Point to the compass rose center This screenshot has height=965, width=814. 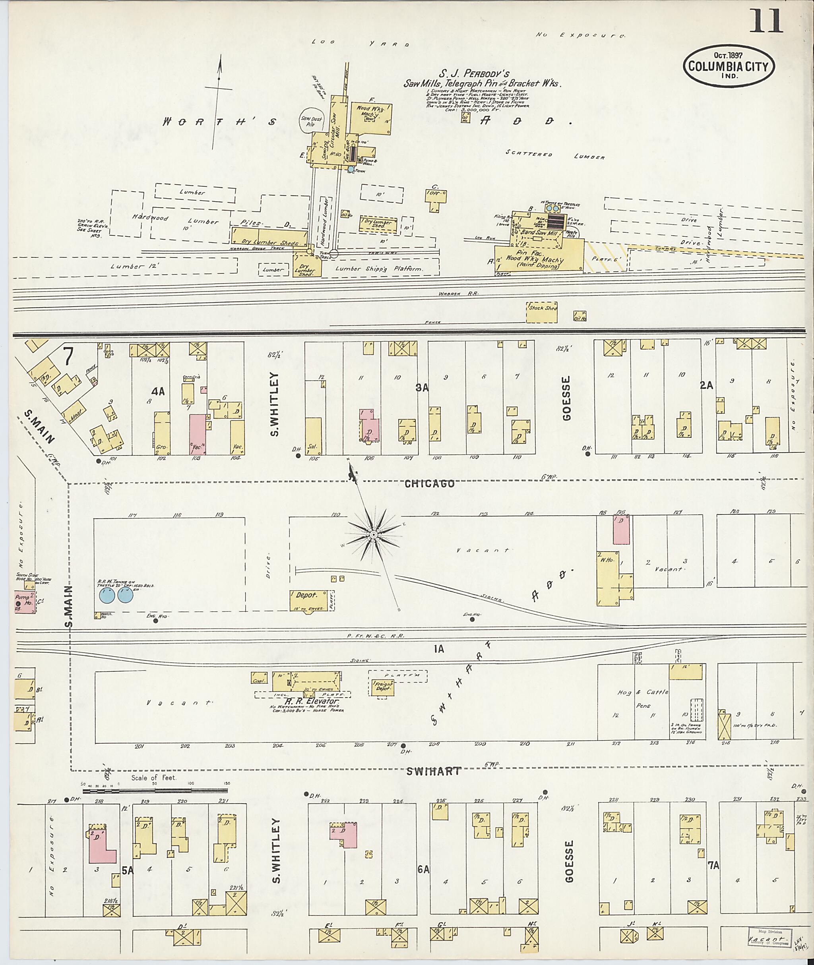(x=373, y=534)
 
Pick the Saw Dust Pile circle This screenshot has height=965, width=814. (x=307, y=121)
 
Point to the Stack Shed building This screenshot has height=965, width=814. (x=541, y=312)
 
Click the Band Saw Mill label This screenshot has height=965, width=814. (x=534, y=232)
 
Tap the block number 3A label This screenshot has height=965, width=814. (x=422, y=388)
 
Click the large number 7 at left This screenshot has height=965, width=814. (x=68, y=356)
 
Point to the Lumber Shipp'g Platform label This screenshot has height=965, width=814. (x=379, y=269)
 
